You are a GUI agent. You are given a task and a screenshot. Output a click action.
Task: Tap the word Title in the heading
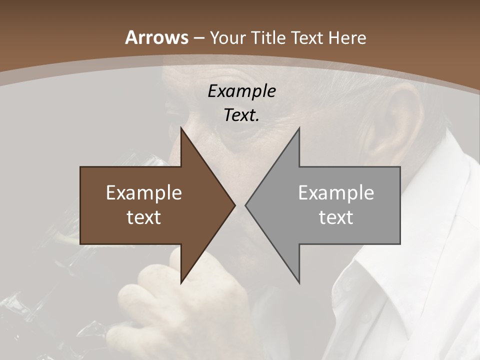click(x=267, y=37)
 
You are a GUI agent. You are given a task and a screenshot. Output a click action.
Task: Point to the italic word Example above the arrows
click(x=241, y=91)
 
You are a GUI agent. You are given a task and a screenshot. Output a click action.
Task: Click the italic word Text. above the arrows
click(x=241, y=115)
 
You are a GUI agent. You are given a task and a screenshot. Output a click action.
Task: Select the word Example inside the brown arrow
click(x=144, y=193)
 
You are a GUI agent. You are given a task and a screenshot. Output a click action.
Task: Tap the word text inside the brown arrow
click(x=144, y=217)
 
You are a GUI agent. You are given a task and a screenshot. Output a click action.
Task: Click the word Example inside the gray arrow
click(x=336, y=193)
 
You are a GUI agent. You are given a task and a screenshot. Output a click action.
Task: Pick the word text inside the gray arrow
click(x=336, y=217)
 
